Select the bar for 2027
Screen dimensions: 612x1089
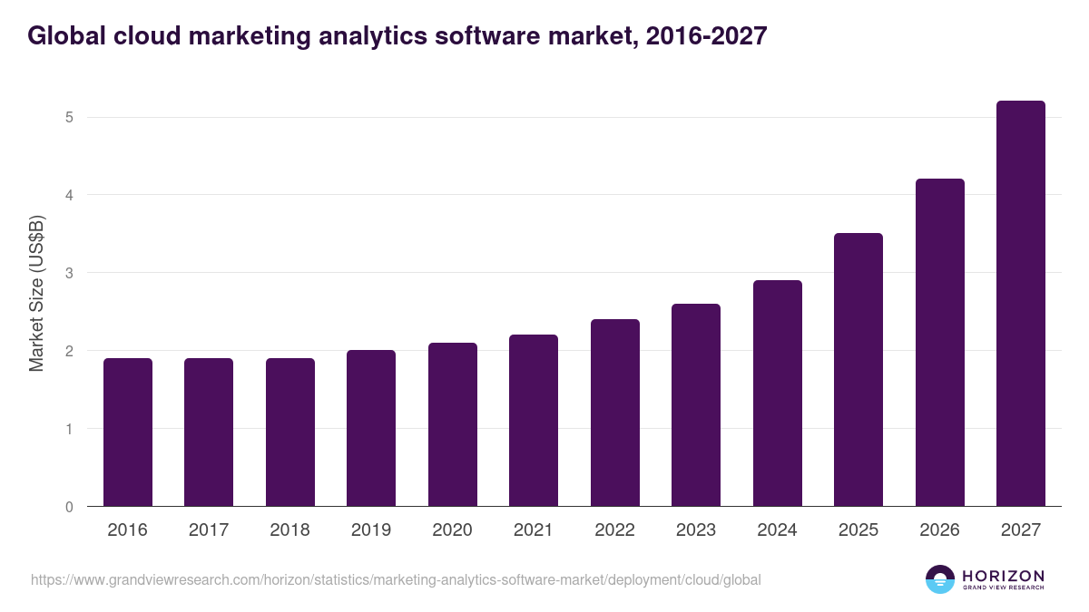point(1020,304)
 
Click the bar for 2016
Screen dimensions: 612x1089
point(128,432)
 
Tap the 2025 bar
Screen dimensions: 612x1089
point(858,370)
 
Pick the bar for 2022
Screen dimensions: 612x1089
point(614,413)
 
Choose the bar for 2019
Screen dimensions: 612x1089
point(371,428)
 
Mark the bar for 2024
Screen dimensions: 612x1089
point(777,393)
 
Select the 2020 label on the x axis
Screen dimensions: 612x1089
point(452,530)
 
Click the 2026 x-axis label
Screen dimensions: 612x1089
point(939,530)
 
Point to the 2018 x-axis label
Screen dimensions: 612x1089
point(289,530)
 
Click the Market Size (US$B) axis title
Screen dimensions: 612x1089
point(36,292)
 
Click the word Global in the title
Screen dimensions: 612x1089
point(65,36)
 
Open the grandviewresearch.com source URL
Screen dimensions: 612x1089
point(396,579)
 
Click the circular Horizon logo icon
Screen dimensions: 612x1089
point(939,579)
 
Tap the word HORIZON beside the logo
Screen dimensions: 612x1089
point(1003,575)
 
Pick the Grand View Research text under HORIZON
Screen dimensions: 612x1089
point(1003,588)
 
